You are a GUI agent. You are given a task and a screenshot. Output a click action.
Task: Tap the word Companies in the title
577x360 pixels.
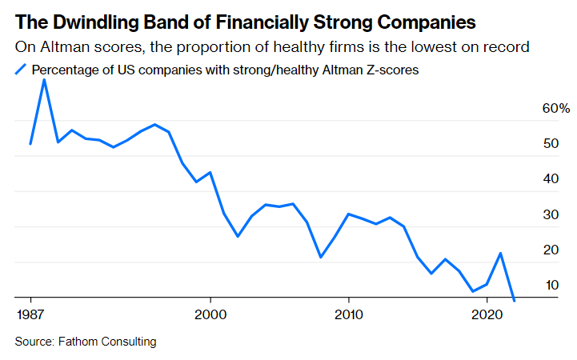427,22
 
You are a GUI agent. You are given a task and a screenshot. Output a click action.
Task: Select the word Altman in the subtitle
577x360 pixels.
60,47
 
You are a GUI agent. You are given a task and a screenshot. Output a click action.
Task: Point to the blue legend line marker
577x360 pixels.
21,70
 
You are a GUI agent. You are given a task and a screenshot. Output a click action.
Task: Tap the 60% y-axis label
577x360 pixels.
556,108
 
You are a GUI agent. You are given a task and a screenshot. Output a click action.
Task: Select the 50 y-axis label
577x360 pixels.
551,143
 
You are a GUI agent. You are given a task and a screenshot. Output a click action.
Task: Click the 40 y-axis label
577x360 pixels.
551,178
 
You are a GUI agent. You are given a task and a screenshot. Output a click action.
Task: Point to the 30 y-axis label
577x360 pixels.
551,214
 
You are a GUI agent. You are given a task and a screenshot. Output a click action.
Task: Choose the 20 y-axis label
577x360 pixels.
551,250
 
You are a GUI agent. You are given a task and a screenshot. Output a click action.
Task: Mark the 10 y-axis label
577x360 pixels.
552,285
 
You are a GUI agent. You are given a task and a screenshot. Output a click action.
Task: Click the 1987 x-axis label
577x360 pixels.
30,314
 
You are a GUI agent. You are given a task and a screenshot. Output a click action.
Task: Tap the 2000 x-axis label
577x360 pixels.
210,314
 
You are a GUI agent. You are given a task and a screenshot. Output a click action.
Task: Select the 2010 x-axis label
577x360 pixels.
348,314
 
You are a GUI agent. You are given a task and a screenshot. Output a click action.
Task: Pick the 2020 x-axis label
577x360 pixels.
487,314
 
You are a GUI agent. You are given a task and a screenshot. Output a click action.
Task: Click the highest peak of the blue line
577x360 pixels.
44,80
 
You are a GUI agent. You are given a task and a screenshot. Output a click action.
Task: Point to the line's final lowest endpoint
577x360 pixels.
514,301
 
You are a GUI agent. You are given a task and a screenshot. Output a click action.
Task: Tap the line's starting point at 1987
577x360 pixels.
30,143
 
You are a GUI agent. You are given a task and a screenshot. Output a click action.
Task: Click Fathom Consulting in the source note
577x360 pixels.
107,342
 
